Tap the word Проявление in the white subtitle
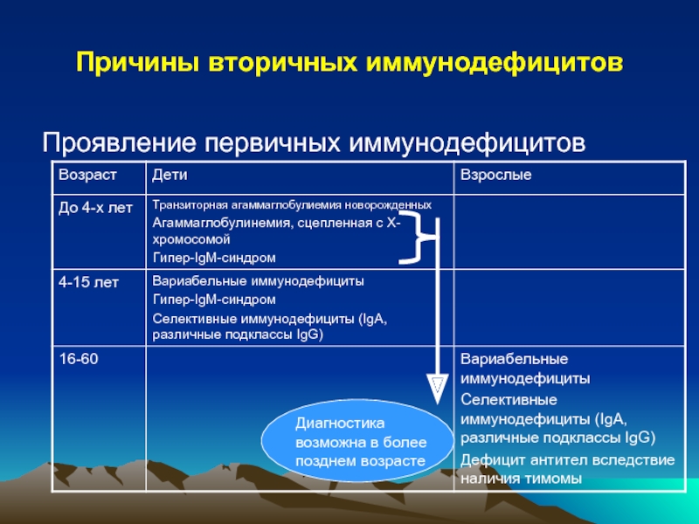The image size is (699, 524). (x=120, y=143)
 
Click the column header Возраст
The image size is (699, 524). (x=87, y=175)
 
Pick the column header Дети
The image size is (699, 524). (x=170, y=175)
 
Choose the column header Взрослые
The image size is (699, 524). (x=495, y=175)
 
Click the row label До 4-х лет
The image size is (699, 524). (x=95, y=208)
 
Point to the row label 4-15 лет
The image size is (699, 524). (x=89, y=282)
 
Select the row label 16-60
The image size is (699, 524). (x=79, y=359)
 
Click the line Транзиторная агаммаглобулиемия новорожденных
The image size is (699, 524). (x=292, y=205)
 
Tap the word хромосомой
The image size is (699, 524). (x=191, y=239)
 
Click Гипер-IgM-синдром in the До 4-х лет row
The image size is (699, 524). (x=214, y=258)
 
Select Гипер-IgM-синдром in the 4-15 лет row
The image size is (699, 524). (x=214, y=300)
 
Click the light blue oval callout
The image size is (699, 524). (x=357, y=440)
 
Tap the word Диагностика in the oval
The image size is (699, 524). (x=340, y=424)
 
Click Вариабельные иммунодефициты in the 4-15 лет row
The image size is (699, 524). (x=258, y=281)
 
